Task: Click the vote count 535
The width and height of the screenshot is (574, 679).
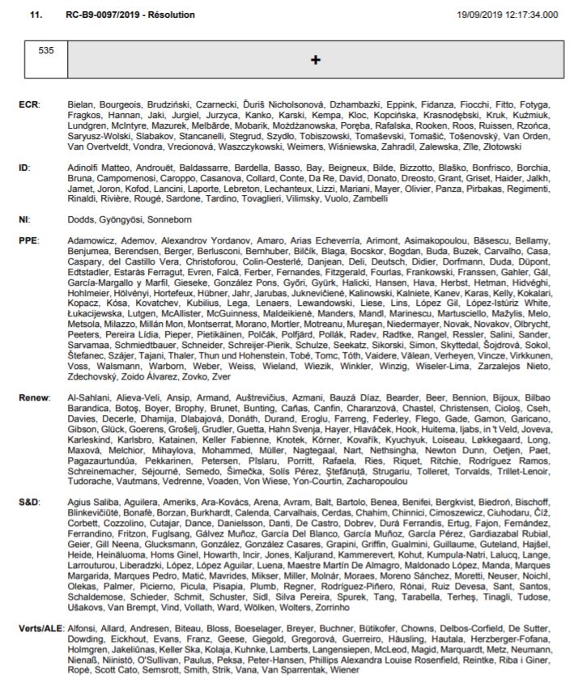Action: point(46,50)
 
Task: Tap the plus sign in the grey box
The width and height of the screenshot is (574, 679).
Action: point(316,60)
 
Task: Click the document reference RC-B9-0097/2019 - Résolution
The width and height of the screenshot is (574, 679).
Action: point(130,15)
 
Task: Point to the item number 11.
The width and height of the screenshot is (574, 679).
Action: point(36,15)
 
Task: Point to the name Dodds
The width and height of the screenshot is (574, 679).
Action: point(80,219)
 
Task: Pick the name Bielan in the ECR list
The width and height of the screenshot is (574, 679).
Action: point(80,105)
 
